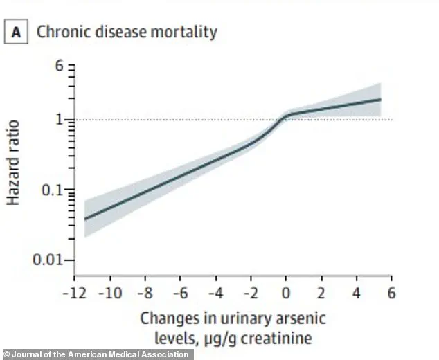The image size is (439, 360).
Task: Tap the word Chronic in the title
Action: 60,32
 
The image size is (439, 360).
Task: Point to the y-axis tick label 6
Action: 60,66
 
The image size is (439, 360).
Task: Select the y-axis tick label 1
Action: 60,120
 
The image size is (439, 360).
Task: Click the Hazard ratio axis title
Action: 14,163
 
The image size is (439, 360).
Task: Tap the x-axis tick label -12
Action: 75,292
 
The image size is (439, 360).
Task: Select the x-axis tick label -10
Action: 111,292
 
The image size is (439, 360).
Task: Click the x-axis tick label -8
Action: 146,292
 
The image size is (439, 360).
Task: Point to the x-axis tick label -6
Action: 181,292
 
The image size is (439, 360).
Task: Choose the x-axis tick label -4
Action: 216,292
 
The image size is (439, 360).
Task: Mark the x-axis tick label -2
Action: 251,292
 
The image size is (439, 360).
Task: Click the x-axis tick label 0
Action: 286,292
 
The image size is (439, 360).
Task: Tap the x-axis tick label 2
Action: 321,292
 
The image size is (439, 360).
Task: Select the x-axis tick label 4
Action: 357,292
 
